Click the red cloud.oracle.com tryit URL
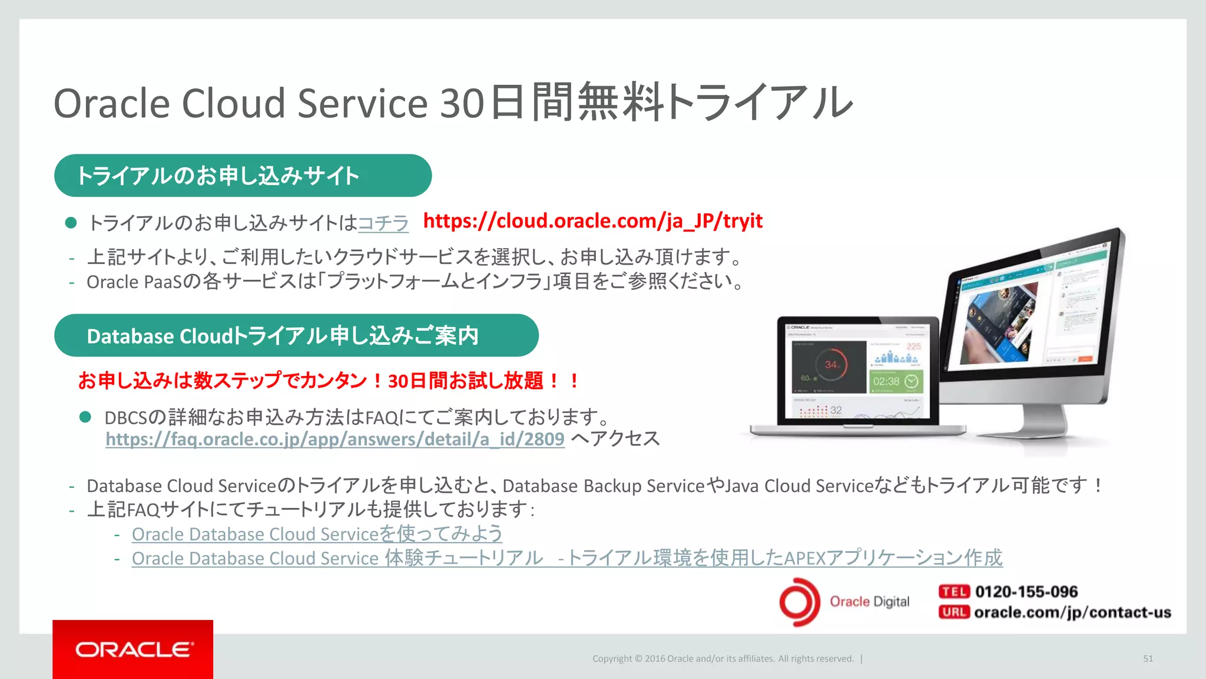(x=592, y=221)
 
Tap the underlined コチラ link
(x=383, y=223)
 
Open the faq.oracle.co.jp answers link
(x=334, y=439)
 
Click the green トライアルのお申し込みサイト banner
(x=243, y=176)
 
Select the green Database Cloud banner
(x=296, y=335)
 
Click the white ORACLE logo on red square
(x=133, y=649)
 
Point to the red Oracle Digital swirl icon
(x=799, y=602)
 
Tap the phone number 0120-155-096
(x=1026, y=592)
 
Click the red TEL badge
(x=953, y=592)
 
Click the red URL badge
(x=953, y=612)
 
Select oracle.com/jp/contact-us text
(x=1072, y=612)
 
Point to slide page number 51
(x=1148, y=658)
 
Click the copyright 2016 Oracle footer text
(x=723, y=658)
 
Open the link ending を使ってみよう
(x=317, y=534)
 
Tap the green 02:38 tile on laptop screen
(x=896, y=381)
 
